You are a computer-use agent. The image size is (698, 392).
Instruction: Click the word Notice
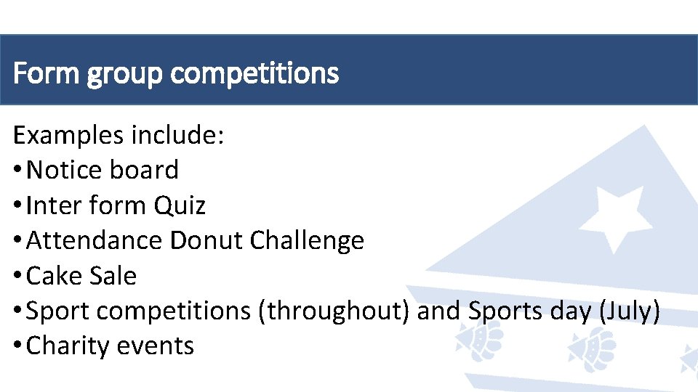pos(65,170)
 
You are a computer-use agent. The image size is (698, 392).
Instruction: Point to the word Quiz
pos(180,206)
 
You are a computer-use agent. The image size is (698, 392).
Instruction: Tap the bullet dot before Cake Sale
pos(17,277)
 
